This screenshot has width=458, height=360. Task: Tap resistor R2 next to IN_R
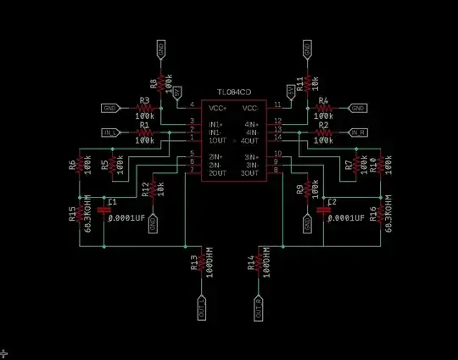(322, 132)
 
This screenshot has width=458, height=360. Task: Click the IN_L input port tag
(110, 132)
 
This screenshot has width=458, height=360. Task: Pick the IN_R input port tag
(358, 132)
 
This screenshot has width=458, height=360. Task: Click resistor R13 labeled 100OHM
(202, 264)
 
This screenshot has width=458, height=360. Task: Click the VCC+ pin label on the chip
(219, 108)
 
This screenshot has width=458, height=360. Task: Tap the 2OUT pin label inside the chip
(217, 172)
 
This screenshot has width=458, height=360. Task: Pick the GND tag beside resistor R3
(110, 109)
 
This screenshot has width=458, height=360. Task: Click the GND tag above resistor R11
(309, 50)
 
